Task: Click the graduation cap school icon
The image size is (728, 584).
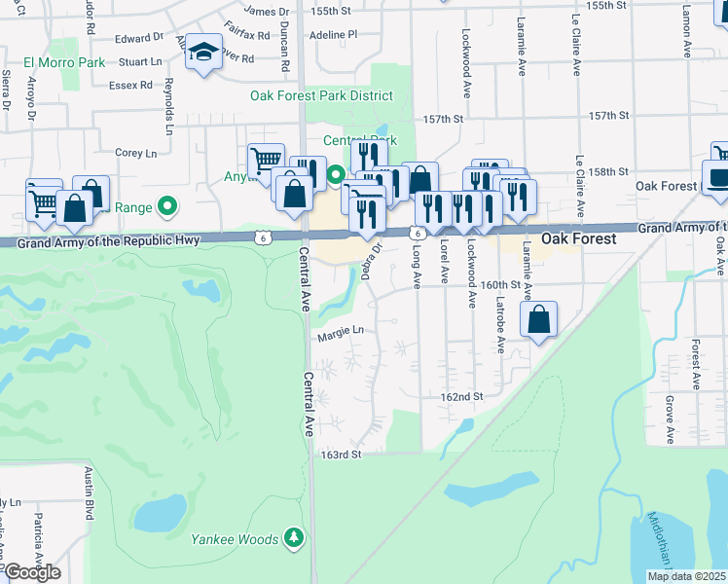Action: coord(204,54)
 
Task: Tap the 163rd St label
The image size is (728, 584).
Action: coord(342,455)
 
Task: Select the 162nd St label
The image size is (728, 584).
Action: coord(462,397)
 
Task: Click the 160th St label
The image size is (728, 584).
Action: coord(502,286)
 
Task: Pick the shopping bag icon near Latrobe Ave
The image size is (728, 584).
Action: coord(539,320)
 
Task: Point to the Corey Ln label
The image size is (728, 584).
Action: coord(135,153)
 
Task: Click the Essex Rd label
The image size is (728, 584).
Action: coord(133,85)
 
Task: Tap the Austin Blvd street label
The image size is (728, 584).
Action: coord(88,492)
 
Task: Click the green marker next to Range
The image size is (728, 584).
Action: coord(166,206)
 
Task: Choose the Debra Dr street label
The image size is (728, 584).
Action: coord(371,260)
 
